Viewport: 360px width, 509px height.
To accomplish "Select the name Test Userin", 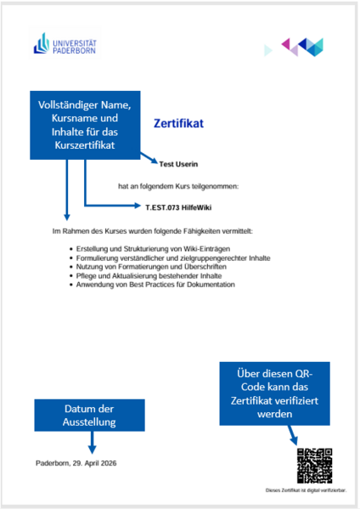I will (178, 163).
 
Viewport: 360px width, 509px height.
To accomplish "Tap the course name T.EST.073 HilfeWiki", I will (178, 206).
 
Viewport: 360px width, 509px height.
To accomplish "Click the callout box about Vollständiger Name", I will (85, 125).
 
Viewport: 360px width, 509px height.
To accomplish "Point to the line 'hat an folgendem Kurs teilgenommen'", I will (178, 184).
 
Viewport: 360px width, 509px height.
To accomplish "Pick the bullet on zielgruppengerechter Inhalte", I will (173, 257).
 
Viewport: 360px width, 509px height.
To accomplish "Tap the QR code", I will (314, 466).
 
